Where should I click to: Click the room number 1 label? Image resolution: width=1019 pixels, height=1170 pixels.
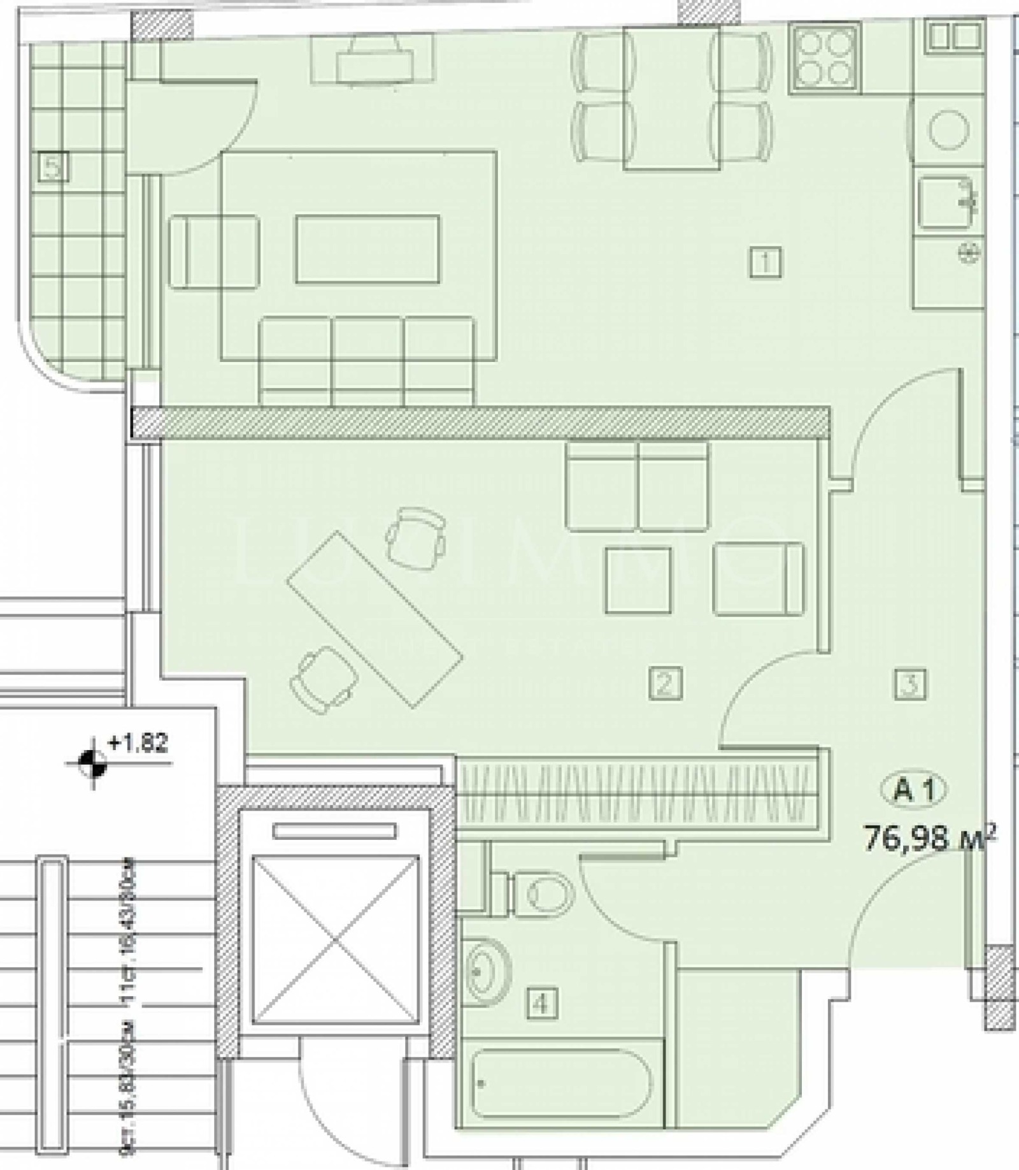[x=765, y=262]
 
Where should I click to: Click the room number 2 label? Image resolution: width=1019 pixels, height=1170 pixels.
[x=665, y=683]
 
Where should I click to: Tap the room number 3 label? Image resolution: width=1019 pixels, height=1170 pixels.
[x=910, y=683]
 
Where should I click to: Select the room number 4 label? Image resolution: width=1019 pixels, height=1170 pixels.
[x=541, y=1004]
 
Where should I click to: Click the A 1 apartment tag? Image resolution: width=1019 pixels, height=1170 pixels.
[x=914, y=790]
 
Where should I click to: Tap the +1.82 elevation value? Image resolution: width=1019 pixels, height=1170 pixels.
[x=138, y=743]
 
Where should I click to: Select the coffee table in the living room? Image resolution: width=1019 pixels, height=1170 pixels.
[x=367, y=249]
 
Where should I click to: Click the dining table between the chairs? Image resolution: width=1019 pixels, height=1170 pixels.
[x=672, y=99]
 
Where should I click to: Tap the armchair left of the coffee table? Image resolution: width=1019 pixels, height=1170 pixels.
[x=214, y=252]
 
